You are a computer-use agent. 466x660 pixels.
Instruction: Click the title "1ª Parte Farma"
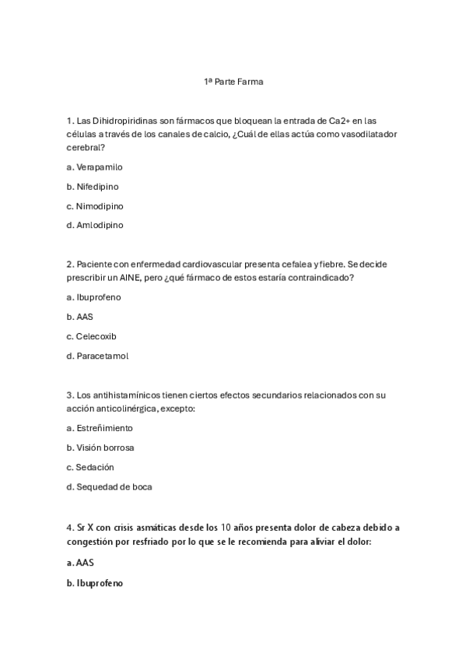tap(233, 82)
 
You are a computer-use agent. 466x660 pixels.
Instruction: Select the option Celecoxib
tap(97, 337)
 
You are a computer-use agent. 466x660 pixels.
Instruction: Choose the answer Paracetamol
tap(102, 356)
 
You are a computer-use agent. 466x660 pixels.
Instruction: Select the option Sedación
tap(95, 468)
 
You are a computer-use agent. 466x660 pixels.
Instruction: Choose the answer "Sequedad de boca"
tap(114, 487)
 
